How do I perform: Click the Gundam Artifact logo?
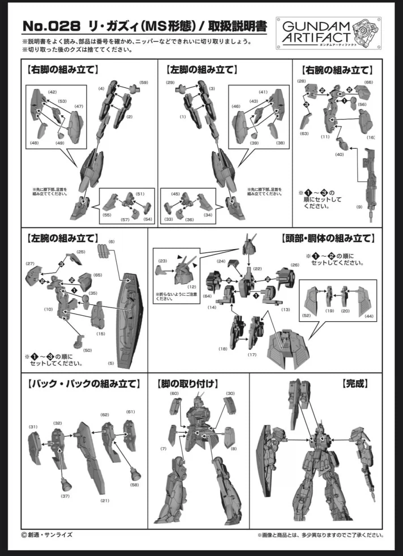pos(329,33)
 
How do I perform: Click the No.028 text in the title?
pos(51,26)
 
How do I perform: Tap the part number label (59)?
pos(144,82)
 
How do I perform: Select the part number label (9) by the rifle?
pos(359,207)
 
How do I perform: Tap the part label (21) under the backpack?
pos(105,500)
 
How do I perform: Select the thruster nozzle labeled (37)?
pos(66,484)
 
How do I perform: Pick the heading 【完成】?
pos(354,384)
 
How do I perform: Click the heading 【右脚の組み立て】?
pos(62,69)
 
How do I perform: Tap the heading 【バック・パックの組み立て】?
pos(83,384)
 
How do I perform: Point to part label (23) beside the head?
pos(163,261)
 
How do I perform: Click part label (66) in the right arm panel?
pos(369,82)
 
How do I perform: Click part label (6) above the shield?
pos(111,241)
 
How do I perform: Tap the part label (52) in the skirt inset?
pos(306,315)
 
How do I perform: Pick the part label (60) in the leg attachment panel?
pos(175,393)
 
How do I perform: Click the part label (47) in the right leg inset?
pos(79,106)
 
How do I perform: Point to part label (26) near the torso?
pos(295,265)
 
